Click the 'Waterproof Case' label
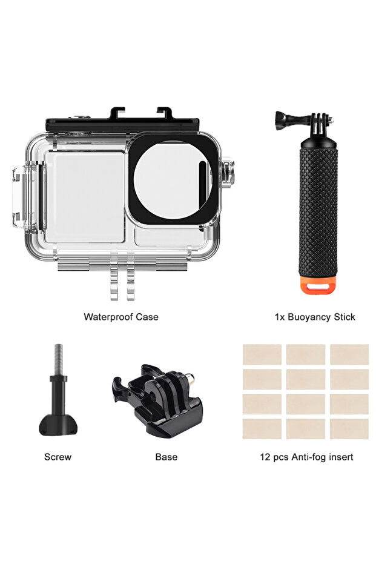click(x=121, y=317)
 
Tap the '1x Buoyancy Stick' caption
click(x=315, y=317)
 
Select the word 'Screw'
click(x=58, y=457)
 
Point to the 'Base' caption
click(x=166, y=457)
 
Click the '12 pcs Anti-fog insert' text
click(x=306, y=457)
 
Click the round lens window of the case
click(x=171, y=181)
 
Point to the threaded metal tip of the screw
click(x=58, y=357)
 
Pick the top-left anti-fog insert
click(x=262, y=354)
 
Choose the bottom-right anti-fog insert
click(x=349, y=429)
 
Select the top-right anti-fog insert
click(x=349, y=354)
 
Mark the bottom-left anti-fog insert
click(x=262, y=429)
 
